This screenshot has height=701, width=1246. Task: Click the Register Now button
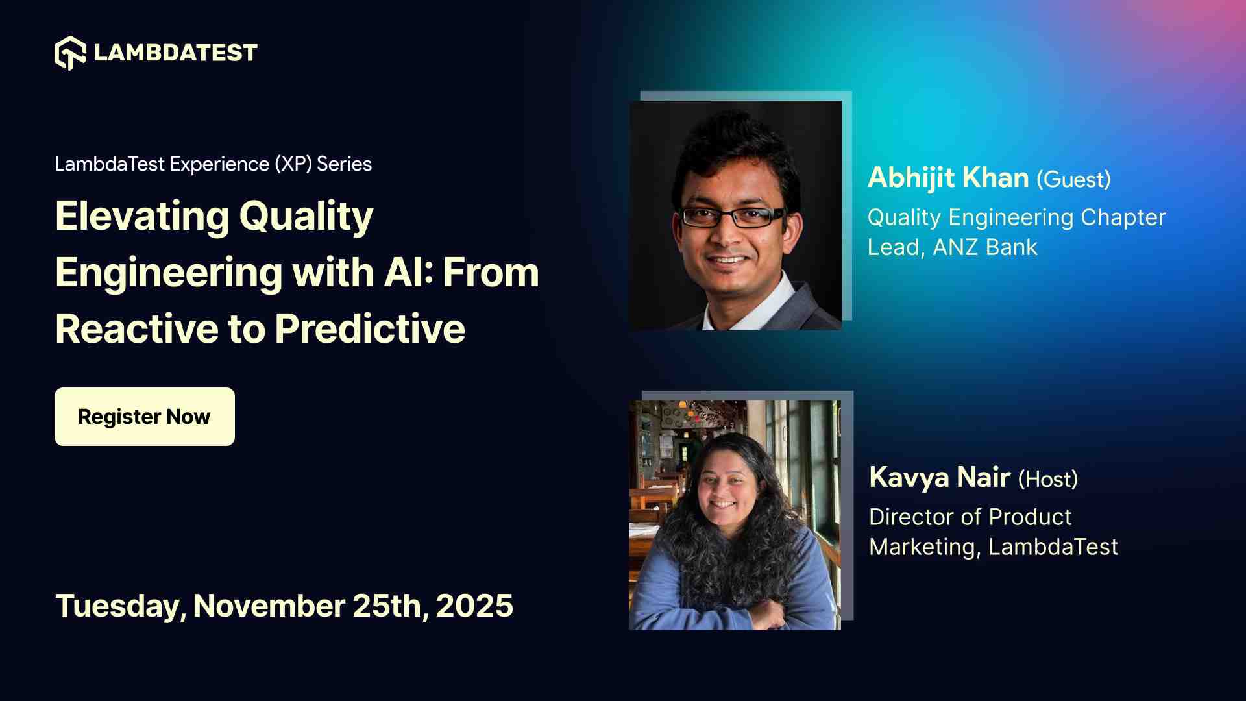[x=144, y=417]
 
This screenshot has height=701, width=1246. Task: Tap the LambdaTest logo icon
[x=70, y=53]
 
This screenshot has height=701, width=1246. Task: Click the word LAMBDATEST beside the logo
[x=175, y=53]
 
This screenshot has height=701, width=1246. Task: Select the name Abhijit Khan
[x=948, y=178]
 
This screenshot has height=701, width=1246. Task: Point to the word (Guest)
[x=1073, y=180]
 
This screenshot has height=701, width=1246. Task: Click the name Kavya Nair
[x=939, y=478]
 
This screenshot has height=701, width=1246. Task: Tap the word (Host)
[x=1047, y=480]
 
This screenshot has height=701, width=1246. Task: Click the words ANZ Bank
[x=985, y=247]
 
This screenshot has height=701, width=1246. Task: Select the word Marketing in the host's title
[x=922, y=547]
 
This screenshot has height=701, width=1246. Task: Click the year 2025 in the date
[x=474, y=606]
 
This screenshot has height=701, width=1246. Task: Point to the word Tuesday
[x=120, y=606]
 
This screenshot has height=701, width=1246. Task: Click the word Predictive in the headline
[x=369, y=329]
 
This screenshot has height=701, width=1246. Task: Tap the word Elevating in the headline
[x=142, y=216]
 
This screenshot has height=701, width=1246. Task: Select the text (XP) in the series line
[x=293, y=164]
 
